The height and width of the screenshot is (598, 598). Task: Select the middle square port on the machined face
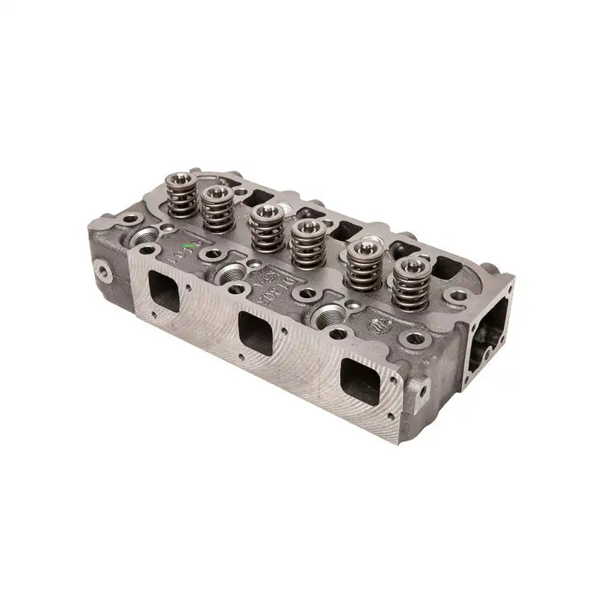(256, 329)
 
